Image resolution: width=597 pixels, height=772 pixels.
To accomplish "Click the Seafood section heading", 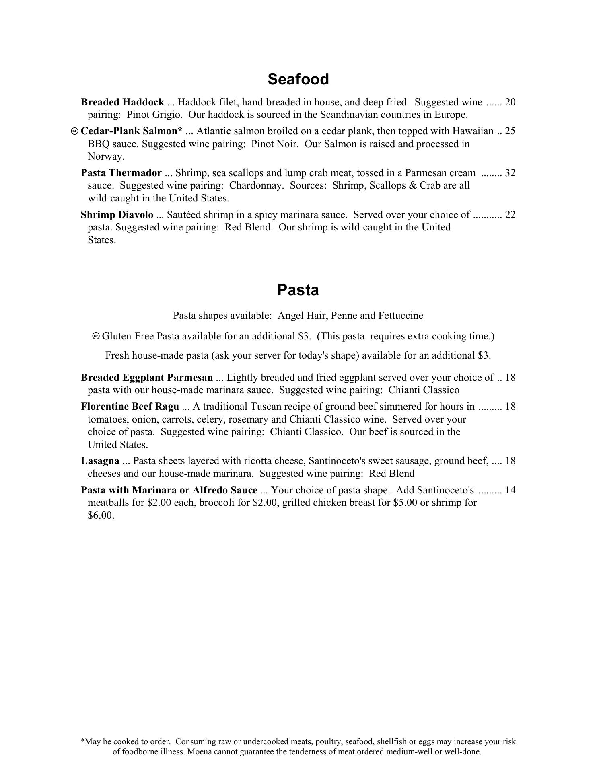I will (x=298, y=79).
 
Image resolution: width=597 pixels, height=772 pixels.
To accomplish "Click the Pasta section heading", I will (x=298, y=290).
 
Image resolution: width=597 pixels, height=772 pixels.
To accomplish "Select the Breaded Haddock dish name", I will (x=122, y=102).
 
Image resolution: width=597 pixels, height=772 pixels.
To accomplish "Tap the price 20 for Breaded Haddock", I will (x=510, y=102).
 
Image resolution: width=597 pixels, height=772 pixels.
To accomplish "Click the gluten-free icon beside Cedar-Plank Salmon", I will (x=74, y=131).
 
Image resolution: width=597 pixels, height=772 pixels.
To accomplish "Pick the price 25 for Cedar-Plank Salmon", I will (x=510, y=131).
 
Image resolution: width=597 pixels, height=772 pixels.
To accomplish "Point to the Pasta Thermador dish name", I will (x=121, y=173).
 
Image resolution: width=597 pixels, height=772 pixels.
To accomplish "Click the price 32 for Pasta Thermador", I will (x=510, y=173).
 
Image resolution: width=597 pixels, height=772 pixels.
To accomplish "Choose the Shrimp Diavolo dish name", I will (x=117, y=215).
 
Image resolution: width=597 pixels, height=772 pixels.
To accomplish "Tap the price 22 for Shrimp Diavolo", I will (x=510, y=215).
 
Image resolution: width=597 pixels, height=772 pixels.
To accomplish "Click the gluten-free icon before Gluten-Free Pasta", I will (x=96, y=336).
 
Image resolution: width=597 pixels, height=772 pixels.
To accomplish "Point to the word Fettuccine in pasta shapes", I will (x=401, y=316).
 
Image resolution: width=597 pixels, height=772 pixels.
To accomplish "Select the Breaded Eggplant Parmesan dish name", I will (x=147, y=378).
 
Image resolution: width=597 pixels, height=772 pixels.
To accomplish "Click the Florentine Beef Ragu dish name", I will (x=130, y=407).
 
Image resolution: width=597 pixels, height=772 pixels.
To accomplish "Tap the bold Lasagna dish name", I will (x=100, y=461).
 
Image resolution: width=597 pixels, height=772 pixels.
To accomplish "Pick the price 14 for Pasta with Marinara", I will (x=510, y=490).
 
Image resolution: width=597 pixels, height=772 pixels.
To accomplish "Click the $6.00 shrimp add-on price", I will (x=101, y=515).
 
